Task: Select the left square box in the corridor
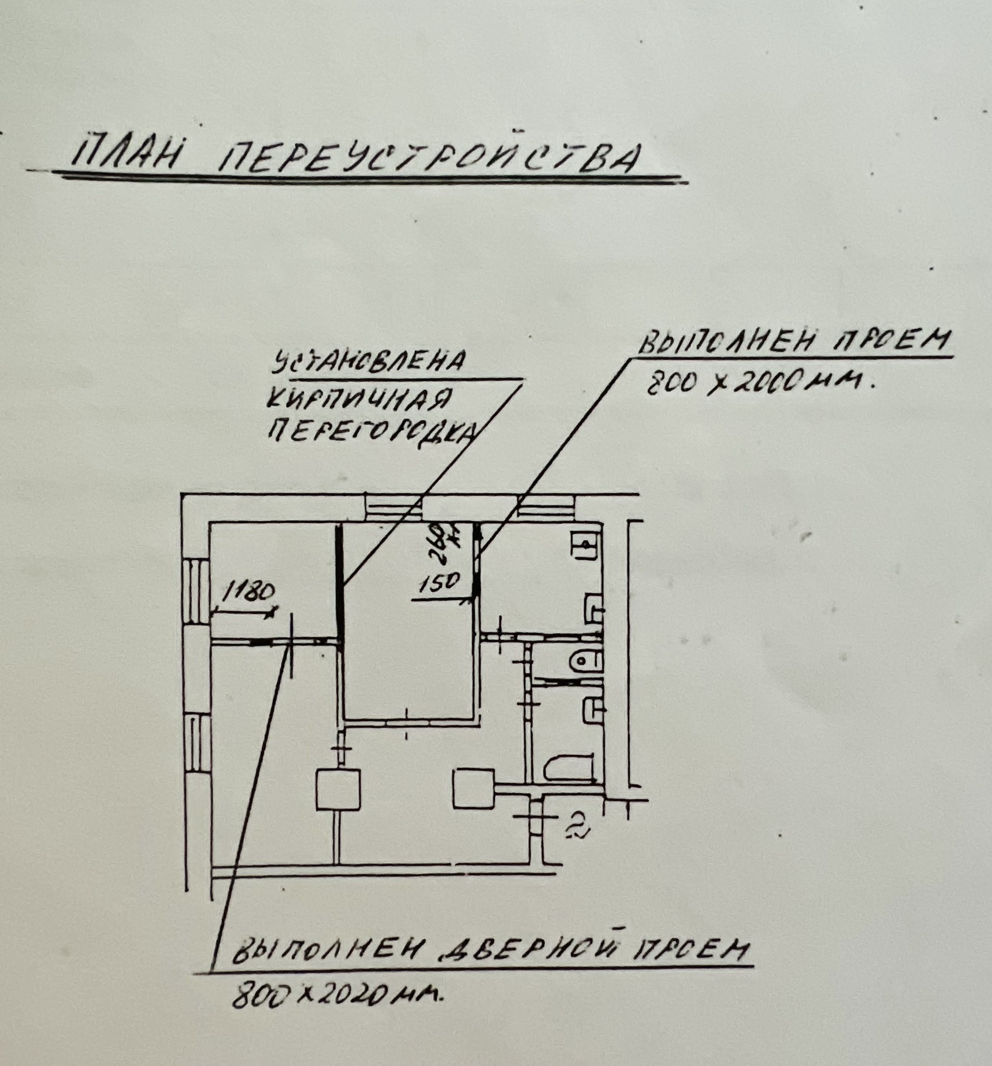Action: (338, 789)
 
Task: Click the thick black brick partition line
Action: (339, 583)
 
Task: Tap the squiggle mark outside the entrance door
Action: (575, 827)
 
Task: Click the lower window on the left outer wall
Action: (197, 744)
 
